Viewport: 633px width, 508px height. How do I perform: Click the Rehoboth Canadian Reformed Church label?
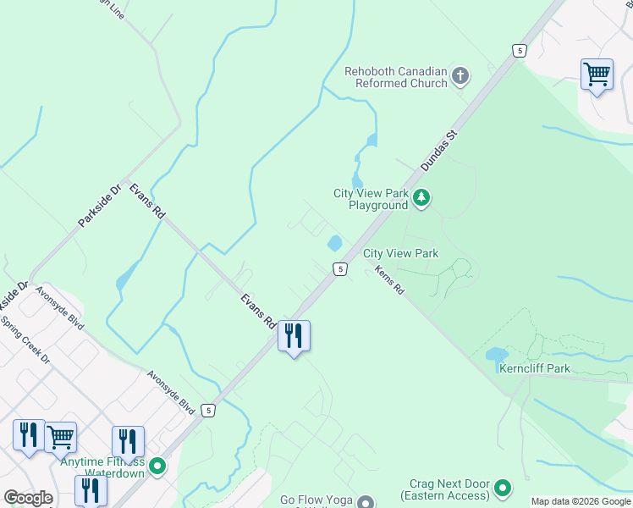pyautogui.click(x=395, y=77)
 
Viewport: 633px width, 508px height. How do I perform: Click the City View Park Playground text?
pyautogui.click(x=371, y=199)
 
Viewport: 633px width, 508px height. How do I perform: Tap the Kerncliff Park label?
pyautogui.click(x=534, y=368)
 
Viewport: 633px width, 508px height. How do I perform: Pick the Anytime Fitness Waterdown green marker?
pyautogui.click(x=157, y=466)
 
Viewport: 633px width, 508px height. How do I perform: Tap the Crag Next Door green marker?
pyautogui.click(x=503, y=488)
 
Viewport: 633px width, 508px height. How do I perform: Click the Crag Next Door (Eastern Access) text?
pyautogui.click(x=445, y=489)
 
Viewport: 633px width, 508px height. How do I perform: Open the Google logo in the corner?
pyautogui.click(x=28, y=498)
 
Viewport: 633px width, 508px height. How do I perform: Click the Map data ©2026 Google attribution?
pyautogui.click(x=581, y=501)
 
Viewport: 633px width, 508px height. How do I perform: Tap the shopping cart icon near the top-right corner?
pyautogui.click(x=597, y=75)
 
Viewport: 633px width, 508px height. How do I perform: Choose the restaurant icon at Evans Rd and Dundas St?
pyautogui.click(x=294, y=336)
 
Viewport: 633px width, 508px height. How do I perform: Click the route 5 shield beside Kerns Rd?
pyautogui.click(x=339, y=268)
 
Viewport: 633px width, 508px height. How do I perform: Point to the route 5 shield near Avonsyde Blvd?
pyautogui.click(x=208, y=411)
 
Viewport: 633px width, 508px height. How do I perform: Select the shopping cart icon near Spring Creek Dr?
pyautogui.click(x=61, y=438)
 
